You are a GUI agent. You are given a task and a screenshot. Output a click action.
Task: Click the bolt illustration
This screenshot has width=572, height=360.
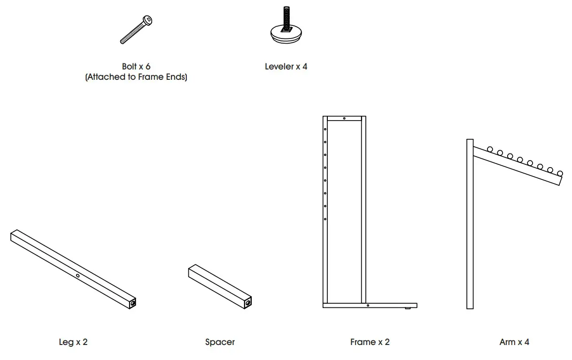click(137, 30)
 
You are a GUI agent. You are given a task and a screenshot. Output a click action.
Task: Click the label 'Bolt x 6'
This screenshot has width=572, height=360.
click(136, 67)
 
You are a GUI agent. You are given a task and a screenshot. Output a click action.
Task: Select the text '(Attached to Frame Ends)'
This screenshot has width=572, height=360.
click(136, 77)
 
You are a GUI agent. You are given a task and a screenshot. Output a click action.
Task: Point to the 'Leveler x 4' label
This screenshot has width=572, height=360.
click(286, 67)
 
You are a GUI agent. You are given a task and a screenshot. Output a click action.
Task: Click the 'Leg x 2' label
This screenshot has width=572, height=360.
click(73, 342)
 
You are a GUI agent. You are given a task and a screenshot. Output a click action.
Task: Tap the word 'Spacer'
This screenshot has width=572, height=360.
click(220, 342)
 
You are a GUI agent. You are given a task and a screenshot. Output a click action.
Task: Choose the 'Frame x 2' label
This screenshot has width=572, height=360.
click(370, 342)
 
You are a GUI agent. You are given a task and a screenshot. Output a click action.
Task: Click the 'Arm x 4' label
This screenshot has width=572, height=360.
click(514, 342)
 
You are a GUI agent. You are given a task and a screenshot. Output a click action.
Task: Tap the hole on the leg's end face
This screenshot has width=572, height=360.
click(133, 304)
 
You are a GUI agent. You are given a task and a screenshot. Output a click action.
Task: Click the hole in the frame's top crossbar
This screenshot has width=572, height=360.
click(344, 119)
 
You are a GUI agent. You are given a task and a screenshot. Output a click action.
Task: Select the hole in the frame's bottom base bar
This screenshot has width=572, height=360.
click(368, 306)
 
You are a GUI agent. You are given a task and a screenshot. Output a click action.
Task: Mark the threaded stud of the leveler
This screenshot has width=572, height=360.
click(286, 16)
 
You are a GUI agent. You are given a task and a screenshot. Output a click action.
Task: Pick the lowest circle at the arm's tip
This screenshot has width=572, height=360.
click(560, 173)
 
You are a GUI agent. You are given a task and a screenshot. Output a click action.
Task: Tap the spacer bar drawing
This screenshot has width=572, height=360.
click(219, 287)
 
